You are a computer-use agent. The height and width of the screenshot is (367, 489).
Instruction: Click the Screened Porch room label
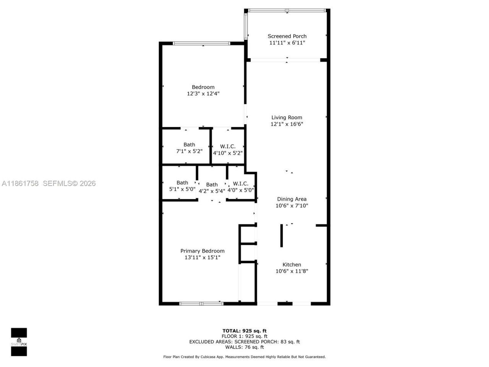(x=287, y=36)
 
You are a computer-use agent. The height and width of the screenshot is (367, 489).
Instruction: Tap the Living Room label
(x=287, y=118)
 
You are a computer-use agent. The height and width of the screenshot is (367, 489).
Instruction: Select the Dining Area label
(x=291, y=199)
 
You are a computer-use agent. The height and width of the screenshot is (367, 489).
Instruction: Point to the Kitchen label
(x=291, y=265)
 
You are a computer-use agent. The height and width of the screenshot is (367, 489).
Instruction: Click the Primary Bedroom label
(x=202, y=251)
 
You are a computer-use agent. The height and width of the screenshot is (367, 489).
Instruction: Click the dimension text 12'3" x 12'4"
(x=203, y=94)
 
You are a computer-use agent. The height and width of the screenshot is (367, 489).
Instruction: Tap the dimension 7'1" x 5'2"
(x=189, y=151)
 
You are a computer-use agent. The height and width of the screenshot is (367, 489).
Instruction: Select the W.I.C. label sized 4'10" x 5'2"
(x=228, y=146)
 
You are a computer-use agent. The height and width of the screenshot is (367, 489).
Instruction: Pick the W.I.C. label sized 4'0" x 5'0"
(x=241, y=184)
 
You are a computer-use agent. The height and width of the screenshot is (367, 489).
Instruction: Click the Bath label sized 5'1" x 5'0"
(x=182, y=183)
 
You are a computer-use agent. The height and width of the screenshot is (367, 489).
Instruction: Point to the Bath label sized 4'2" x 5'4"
(x=212, y=185)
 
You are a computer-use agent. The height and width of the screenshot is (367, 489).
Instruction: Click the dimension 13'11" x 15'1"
(x=202, y=258)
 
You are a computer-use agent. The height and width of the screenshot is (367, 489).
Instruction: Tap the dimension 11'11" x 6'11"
(x=287, y=43)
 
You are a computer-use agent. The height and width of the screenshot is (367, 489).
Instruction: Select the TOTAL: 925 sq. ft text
(x=244, y=331)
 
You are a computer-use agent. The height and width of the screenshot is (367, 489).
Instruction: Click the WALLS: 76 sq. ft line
(x=244, y=347)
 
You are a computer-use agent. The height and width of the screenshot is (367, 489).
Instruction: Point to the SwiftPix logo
(x=19, y=342)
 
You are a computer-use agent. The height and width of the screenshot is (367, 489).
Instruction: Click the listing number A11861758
(x=20, y=183)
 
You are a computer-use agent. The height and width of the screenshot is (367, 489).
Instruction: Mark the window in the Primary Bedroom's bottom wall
(x=201, y=304)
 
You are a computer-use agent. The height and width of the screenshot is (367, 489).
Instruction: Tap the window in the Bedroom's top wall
(x=202, y=43)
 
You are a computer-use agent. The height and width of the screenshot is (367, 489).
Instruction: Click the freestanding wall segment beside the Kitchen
(x=282, y=236)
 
